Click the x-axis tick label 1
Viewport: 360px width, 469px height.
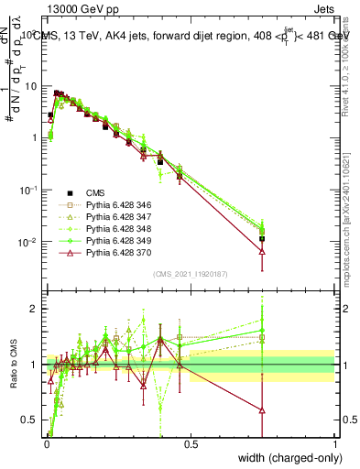click(334, 445)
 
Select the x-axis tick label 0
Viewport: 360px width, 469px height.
click(46, 445)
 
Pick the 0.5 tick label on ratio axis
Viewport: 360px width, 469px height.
click(32, 420)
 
